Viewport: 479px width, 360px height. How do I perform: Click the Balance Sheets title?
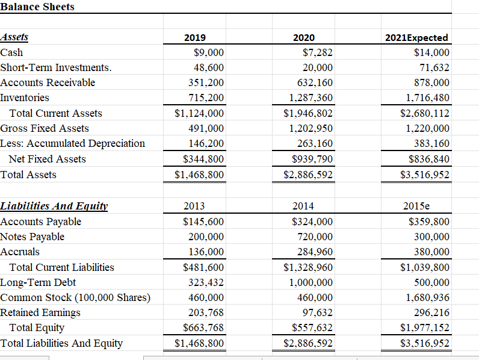pyautogui.click(x=37, y=7)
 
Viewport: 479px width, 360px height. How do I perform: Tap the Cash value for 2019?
pyautogui.click(x=208, y=52)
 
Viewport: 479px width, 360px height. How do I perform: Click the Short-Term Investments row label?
pyautogui.click(x=56, y=67)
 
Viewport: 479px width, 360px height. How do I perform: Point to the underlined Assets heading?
pyautogui.click(x=14, y=37)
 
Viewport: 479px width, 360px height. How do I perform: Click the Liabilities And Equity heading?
pyautogui.click(x=54, y=206)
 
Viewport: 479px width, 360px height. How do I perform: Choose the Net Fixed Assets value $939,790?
pyautogui.click(x=308, y=159)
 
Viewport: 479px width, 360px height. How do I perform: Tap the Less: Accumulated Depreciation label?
pyautogui.click(x=73, y=143)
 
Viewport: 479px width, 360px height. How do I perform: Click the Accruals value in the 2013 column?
pyautogui.click(x=206, y=252)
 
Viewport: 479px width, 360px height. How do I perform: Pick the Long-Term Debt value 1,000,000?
pyautogui.click(x=311, y=282)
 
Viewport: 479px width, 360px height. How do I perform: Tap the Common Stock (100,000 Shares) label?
pyautogui.click(x=75, y=297)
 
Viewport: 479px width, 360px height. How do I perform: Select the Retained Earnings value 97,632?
pyautogui.click(x=316, y=312)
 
